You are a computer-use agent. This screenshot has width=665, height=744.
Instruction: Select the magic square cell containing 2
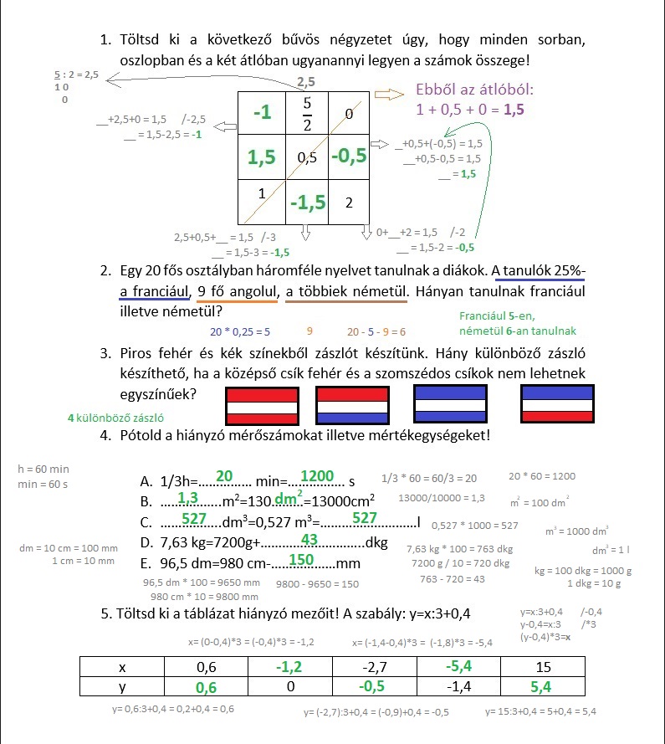point(349,203)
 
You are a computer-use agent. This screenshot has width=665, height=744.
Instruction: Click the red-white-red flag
point(263,404)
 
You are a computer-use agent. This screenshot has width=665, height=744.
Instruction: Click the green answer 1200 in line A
point(317,475)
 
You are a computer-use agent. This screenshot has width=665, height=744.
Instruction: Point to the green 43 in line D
point(309,539)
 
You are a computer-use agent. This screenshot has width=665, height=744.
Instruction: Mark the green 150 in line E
point(300,559)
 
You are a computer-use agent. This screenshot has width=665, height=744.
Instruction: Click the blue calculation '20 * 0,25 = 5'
point(239,331)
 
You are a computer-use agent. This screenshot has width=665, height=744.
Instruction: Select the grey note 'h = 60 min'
point(43,469)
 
